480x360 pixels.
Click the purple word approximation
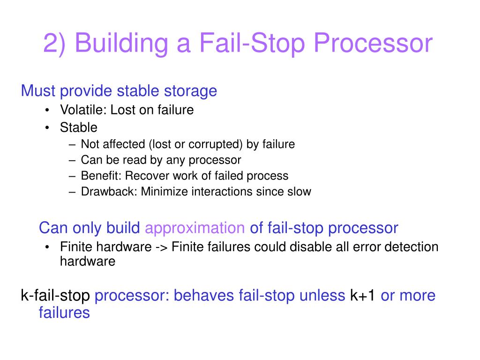coord(195,228)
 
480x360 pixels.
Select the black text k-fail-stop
coord(55,296)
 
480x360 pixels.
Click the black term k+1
coord(362,296)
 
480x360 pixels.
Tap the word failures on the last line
coord(64,313)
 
